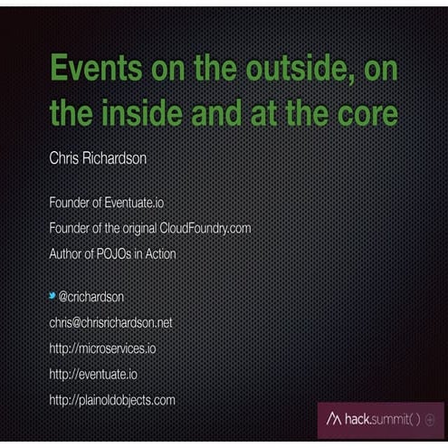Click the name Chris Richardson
pos(98,157)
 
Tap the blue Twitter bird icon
pos(52,296)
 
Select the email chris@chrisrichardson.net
pos(110,322)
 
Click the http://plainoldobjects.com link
pos(111,399)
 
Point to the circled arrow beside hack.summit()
pos(429,420)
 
